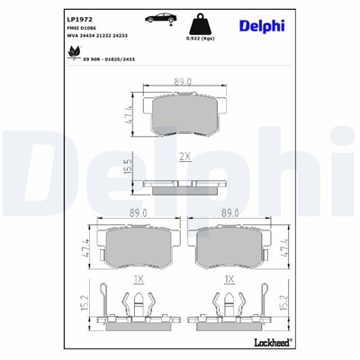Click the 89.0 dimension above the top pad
pyautogui.click(x=184, y=81)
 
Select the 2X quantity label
pyautogui.click(x=185, y=157)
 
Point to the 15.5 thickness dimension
pyautogui.click(x=127, y=166)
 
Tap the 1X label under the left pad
pyautogui.click(x=139, y=280)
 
